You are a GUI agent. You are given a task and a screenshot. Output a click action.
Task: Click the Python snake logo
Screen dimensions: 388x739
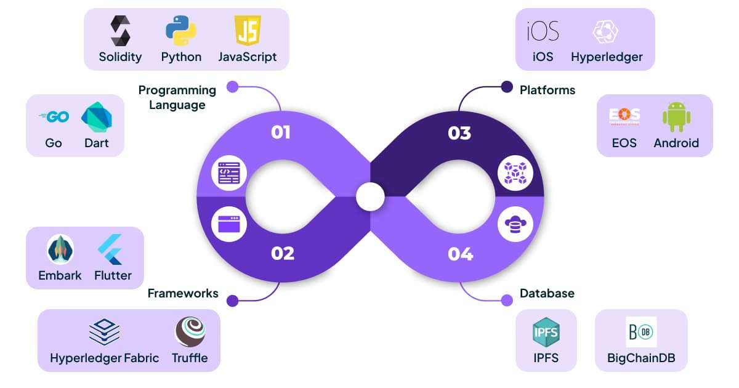click(180, 31)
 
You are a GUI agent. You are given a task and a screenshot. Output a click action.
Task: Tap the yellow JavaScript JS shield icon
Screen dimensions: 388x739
click(248, 30)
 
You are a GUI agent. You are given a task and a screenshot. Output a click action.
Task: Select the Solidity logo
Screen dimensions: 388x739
click(120, 31)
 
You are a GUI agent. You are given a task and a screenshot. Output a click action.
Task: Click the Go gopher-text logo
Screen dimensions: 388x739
click(54, 116)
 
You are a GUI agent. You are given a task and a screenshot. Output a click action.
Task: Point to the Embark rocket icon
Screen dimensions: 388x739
click(60, 249)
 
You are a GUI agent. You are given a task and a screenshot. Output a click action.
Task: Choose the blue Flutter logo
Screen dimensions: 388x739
click(111, 249)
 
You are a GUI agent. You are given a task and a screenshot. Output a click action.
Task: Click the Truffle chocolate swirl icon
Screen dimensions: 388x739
click(190, 332)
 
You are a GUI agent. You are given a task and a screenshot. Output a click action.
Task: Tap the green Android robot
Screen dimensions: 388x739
click(676, 116)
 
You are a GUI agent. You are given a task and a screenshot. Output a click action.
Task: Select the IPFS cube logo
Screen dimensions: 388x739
click(546, 332)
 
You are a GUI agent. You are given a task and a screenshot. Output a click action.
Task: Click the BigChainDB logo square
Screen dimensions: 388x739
click(641, 332)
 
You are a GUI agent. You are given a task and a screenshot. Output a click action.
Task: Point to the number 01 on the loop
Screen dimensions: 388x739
click(281, 132)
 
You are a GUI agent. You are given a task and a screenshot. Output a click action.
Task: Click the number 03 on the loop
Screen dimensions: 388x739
click(459, 132)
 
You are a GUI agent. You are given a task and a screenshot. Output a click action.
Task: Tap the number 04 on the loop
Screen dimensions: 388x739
click(461, 253)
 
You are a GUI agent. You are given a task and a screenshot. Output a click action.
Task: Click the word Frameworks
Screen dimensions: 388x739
click(183, 293)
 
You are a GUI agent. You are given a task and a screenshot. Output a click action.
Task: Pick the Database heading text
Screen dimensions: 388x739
click(547, 293)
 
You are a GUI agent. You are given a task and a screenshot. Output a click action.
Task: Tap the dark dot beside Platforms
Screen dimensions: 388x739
click(507, 87)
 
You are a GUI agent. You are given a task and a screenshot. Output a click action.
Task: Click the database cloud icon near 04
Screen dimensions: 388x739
click(511, 224)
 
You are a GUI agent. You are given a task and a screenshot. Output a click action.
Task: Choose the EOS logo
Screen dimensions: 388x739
click(624, 116)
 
